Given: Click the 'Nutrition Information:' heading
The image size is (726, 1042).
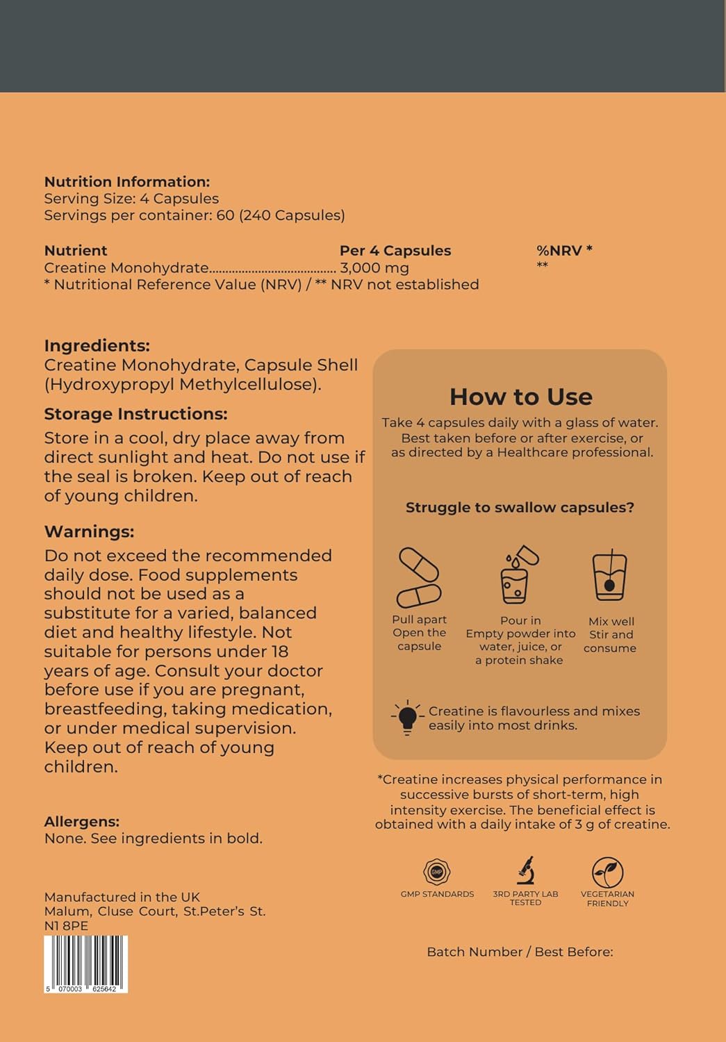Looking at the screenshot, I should [x=126, y=182].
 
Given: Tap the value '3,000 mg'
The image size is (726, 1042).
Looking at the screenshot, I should [x=374, y=268].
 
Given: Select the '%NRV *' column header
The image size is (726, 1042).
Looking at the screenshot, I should [x=564, y=251].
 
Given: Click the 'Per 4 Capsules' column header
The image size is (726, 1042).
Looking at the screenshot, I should [x=395, y=251].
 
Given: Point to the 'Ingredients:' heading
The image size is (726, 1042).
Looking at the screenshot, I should [x=97, y=346].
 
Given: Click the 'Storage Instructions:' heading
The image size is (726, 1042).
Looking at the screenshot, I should [x=135, y=414].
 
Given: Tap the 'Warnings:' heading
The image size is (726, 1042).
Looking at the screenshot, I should [x=89, y=532].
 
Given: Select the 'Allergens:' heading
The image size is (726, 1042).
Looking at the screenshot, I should [x=81, y=822].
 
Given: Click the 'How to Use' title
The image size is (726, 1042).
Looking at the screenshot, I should [x=520, y=397].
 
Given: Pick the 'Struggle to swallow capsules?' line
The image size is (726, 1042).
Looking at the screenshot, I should [x=520, y=508].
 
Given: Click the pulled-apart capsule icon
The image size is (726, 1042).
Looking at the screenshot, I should [x=418, y=578].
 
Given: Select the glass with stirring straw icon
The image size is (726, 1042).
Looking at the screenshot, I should [x=609, y=575].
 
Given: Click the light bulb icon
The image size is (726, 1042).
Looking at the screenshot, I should [x=407, y=718].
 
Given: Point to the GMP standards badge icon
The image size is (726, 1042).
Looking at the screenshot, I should [x=437, y=872].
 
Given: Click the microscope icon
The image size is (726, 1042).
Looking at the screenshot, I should [x=525, y=870].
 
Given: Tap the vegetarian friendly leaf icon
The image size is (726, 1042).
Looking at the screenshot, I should [x=607, y=872].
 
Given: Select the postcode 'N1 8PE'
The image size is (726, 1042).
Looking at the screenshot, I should [x=66, y=926].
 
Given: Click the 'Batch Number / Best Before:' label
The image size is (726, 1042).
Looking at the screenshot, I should [x=520, y=952].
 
